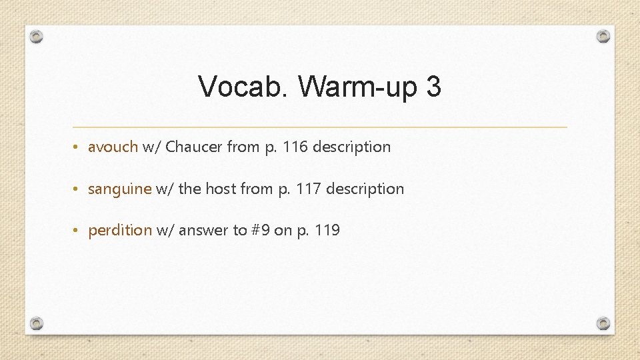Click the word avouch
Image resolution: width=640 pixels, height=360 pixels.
tap(113, 147)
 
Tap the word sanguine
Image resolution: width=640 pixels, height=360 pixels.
tap(120, 189)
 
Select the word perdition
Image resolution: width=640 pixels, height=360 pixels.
tap(120, 231)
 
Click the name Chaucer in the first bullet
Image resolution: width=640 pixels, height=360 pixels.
tap(194, 147)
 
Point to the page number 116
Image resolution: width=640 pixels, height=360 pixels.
tap(295, 147)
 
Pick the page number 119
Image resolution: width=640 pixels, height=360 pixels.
tap(327, 231)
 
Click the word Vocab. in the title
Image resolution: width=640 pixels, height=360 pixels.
tap(244, 87)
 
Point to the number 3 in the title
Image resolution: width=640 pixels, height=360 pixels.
tap(433, 87)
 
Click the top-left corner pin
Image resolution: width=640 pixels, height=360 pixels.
tap(37, 37)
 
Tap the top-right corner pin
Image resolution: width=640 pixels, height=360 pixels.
tap(603, 36)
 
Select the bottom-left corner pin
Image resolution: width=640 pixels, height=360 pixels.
tap(37, 323)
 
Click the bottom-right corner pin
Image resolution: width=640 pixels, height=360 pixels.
tap(603, 323)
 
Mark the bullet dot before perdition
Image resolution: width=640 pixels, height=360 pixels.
tap(78, 231)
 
